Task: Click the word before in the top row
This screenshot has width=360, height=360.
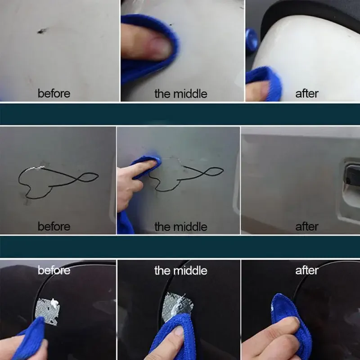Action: pos(54,94)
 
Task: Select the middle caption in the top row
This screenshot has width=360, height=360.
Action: pos(180,94)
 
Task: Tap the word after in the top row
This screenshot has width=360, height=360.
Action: pos(306,94)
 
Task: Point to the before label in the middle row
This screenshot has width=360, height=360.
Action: pos(54,226)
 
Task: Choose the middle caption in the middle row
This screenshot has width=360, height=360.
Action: pos(180,226)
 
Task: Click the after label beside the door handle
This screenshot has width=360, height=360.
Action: pos(306,226)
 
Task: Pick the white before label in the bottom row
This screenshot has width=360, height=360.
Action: pos(54,270)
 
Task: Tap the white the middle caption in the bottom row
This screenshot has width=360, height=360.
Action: pos(180,270)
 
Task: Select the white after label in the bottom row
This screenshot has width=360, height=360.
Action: pos(306,270)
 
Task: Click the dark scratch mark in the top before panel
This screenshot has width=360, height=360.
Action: pos(42,31)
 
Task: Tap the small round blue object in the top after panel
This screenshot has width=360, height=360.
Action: pos(251,38)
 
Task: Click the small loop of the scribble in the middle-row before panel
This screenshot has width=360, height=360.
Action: pos(88,177)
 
